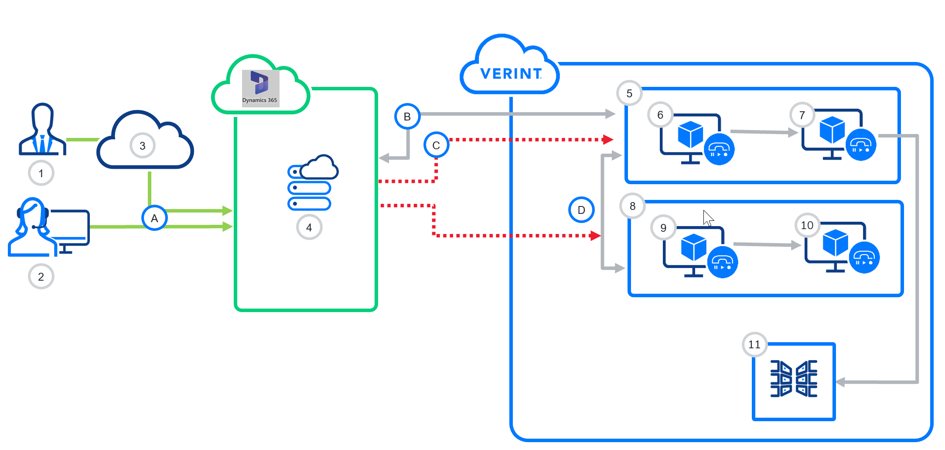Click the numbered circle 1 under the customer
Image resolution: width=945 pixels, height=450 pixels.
(41, 173)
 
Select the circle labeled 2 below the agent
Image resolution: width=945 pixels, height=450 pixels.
(41, 277)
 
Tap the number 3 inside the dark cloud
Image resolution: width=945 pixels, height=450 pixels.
(143, 146)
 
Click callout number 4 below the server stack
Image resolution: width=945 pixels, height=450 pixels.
(309, 227)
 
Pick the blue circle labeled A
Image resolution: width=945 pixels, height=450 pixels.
(154, 218)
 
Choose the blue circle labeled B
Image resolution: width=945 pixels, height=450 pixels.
(407, 117)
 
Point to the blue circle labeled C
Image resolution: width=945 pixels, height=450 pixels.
(436, 145)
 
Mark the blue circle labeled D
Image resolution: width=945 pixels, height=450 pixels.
(581, 210)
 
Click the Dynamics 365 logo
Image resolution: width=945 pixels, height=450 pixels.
(260, 88)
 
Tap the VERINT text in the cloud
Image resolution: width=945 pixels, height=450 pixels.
(511, 74)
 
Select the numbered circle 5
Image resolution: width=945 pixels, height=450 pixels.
(629, 93)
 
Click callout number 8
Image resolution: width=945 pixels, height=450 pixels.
(633, 206)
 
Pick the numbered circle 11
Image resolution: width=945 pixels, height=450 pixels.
(754, 345)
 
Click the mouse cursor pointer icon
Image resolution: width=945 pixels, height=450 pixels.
(708, 218)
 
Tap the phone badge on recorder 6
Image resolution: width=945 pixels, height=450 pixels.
(719, 150)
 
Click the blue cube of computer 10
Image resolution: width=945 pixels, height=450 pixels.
(836, 243)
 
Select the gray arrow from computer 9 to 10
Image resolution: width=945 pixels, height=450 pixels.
(768, 245)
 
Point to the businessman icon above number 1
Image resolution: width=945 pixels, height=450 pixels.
(42, 129)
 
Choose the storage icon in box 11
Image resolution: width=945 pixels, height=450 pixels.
(794, 379)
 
